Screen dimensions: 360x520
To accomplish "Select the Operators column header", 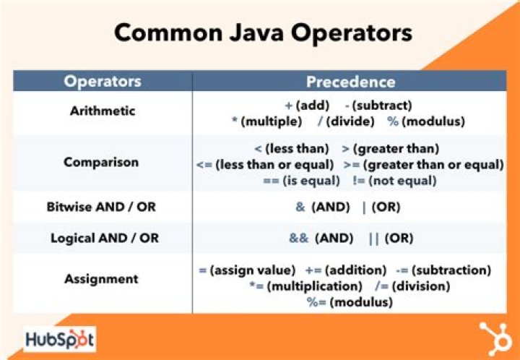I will click(102, 81).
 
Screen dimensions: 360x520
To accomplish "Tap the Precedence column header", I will click(350, 81).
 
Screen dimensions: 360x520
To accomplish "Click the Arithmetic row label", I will click(102, 111).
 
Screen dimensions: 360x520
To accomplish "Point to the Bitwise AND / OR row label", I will click(102, 207).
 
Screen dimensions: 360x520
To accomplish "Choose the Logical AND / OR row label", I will click(102, 237).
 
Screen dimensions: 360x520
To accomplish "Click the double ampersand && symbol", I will click(296, 238).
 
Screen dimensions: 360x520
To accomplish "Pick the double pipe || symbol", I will click(373, 238).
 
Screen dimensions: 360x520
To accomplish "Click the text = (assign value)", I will click(247, 270).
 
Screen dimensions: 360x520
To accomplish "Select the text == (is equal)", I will click(304, 180).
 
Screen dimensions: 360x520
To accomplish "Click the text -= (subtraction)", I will click(444, 270).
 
